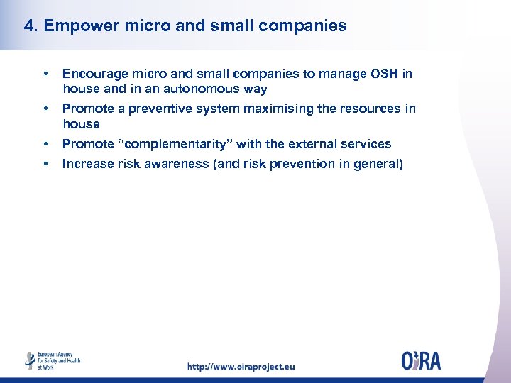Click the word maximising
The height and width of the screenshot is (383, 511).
tap(278, 109)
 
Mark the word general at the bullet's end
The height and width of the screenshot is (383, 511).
tap(380, 164)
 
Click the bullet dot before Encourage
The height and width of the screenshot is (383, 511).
tap(45, 74)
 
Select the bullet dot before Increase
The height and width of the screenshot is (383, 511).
tap(45, 164)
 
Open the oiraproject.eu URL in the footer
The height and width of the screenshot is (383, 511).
tap(241, 367)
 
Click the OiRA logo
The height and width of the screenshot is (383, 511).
tap(421, 361)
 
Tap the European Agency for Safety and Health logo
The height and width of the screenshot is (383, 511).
tap(53, 360)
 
